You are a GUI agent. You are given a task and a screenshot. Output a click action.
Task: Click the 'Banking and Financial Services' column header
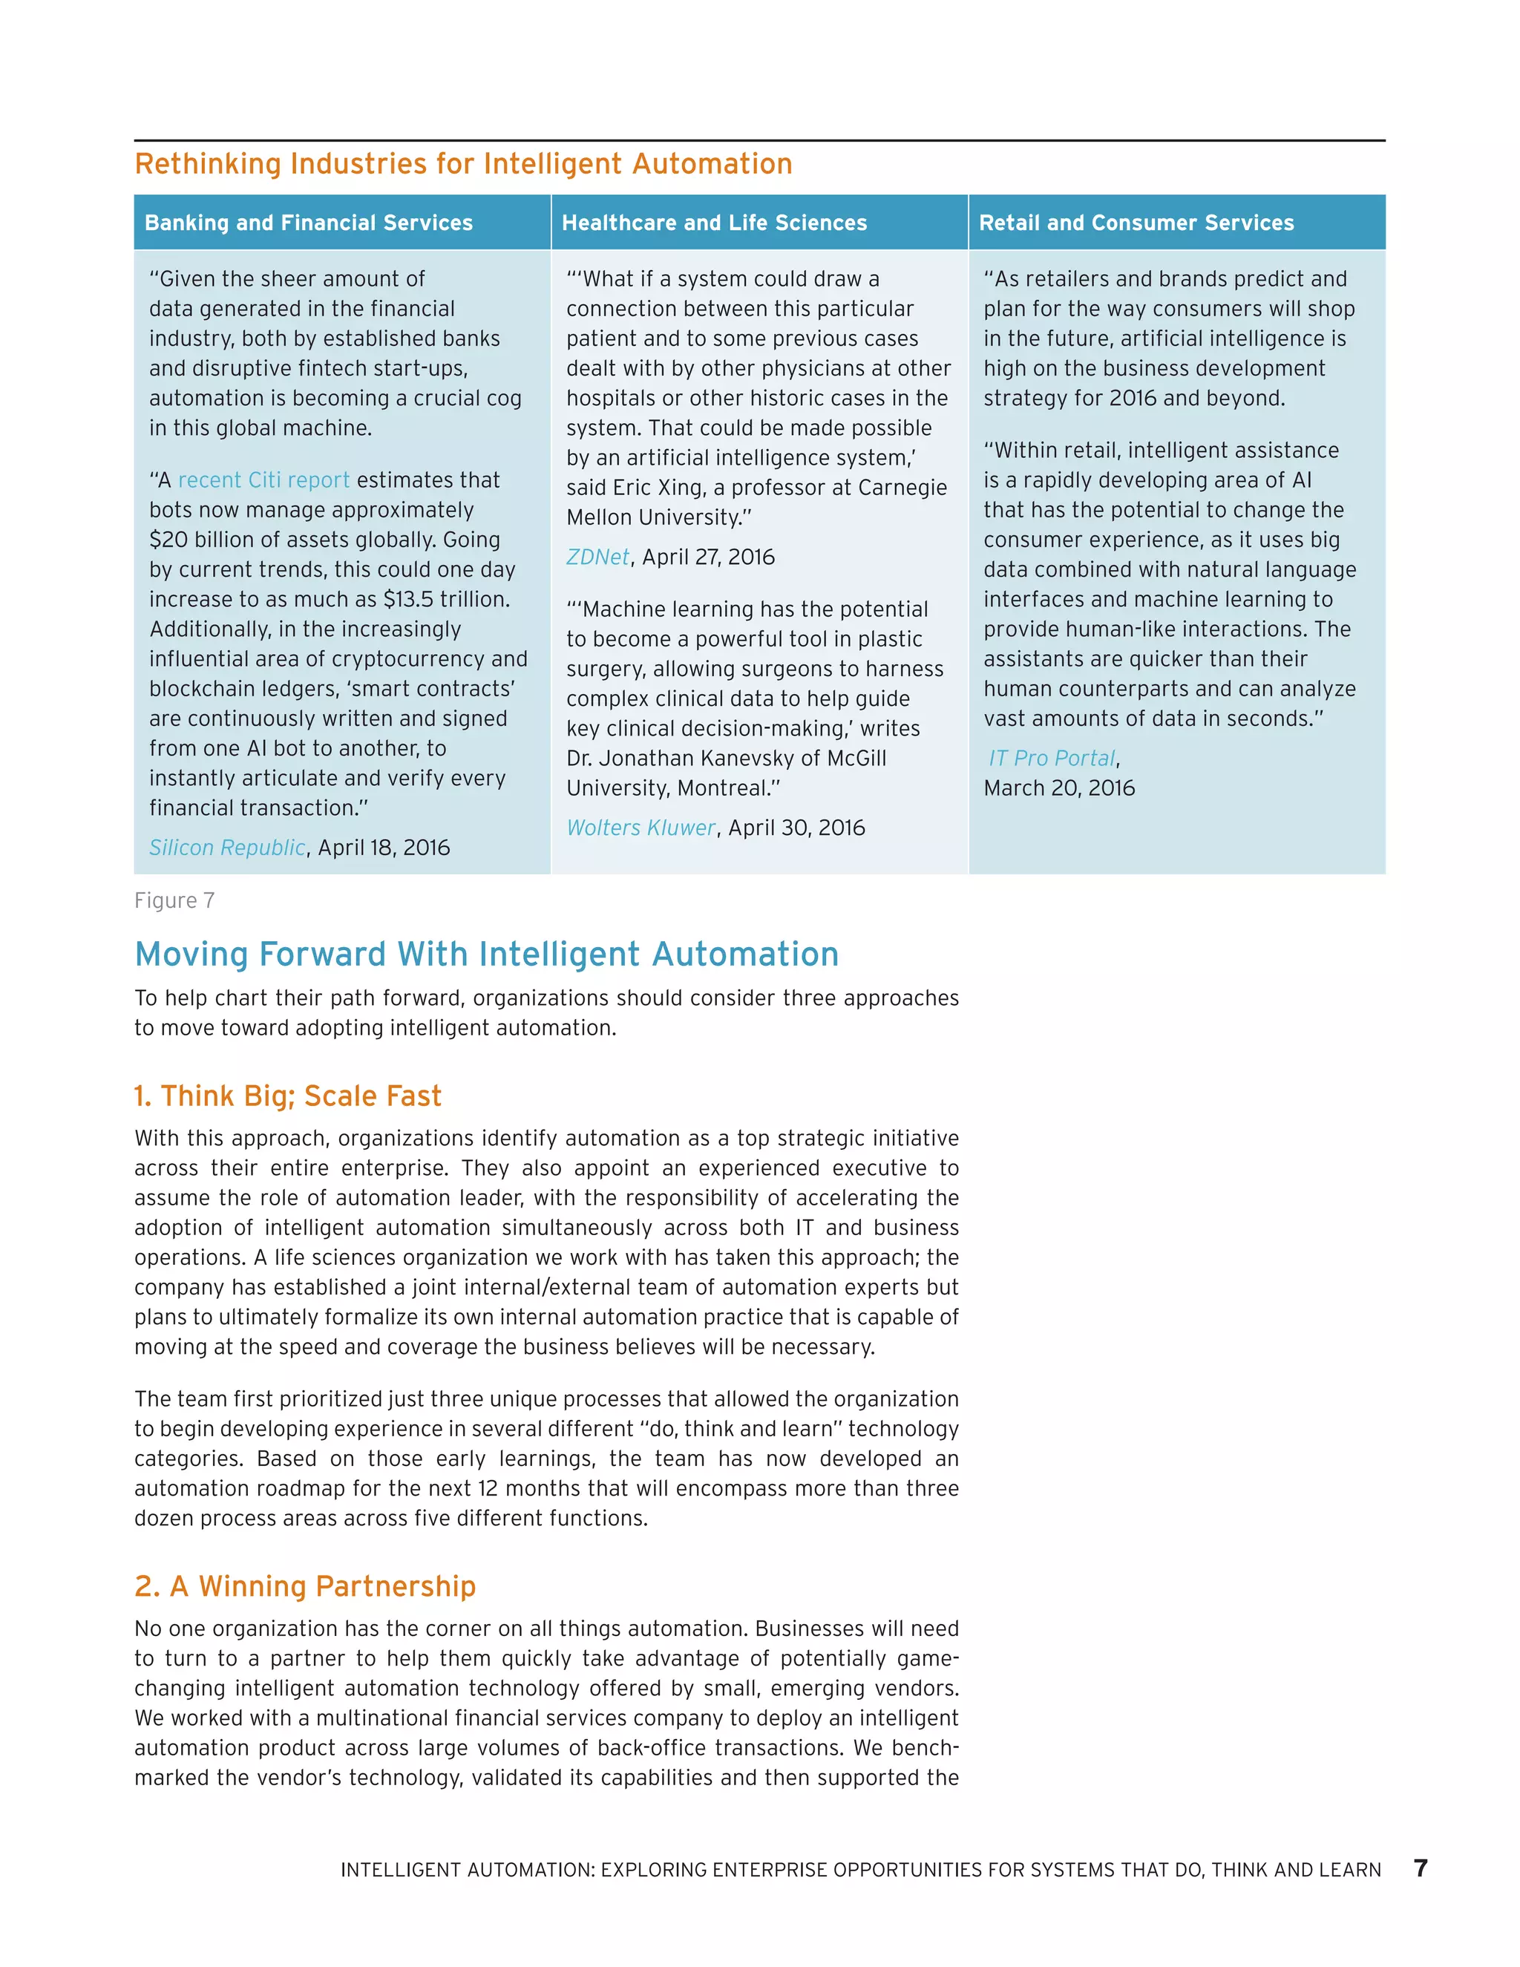[308, 223]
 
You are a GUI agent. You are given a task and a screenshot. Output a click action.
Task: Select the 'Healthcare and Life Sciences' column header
[714, 223]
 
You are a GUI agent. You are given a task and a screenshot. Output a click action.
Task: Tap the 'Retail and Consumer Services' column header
[1136, 223]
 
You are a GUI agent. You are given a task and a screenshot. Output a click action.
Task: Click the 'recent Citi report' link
[263, 480]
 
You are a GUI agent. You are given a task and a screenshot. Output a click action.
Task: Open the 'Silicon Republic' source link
[227, 848]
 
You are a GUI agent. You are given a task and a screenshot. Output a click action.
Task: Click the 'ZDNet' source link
[597, 557]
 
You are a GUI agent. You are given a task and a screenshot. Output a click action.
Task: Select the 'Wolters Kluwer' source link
[641, 828]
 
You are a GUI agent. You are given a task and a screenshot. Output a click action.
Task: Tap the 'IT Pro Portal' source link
[1051, 759]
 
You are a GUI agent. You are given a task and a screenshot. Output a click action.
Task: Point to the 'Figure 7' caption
[174, 900]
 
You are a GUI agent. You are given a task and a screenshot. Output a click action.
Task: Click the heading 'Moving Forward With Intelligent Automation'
[486, 954]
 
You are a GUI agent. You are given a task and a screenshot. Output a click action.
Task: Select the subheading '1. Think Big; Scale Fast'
[288, 1096]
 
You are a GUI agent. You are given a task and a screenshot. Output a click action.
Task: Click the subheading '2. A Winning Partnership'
[305, 1586]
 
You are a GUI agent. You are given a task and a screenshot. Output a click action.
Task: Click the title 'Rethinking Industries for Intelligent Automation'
[463, 164]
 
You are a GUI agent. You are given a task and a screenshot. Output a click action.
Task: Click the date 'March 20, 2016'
[1059, 788]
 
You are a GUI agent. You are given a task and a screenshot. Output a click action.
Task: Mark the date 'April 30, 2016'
[796, 828]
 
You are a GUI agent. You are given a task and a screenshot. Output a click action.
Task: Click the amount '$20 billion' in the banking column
[202, 540]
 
